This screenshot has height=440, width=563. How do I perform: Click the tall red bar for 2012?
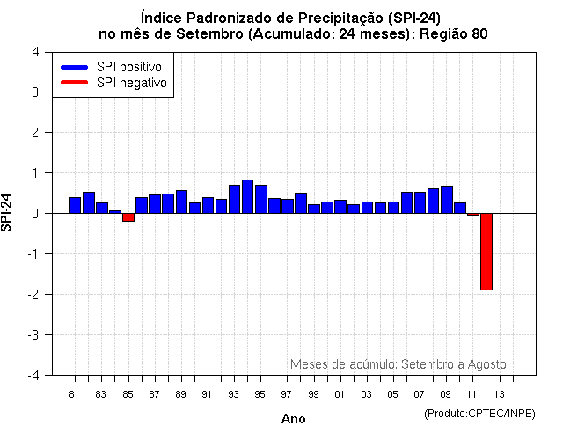pyautogui.click(x=486, y=251)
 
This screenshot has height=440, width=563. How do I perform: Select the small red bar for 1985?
pyautogui.click(x=128, y=217)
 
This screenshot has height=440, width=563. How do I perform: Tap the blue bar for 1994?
pyautogui.click(x=247, y=196)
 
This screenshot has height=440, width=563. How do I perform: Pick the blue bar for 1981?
pyautogui.click(x=75, y=205)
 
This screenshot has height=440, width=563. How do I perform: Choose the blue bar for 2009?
pyautogui.click(x=446, y=200)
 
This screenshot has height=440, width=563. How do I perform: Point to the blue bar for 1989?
pyautogui.click(x=181, y=202)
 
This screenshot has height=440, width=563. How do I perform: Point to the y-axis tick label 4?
pyautogui.click(x=35, y=51)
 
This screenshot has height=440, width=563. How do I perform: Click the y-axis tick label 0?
pyautogui.click(x=35, y=213)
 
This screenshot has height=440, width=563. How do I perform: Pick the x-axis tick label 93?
pyautogui.click(x=233, y=394)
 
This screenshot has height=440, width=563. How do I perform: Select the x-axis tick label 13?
pyautogui.click(x=499, y=394)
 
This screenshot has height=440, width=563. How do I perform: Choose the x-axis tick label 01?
pyautogui.click(x=340, y=394)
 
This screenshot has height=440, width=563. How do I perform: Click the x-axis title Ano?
pyautogui.click(x=293, y=419)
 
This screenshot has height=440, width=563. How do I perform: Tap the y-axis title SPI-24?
pyautogui.click(x=8, y=212)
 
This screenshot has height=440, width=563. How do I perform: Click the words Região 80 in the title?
pyautogui.click(x=451, y=33)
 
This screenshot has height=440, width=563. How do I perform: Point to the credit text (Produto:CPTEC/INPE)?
pyautogui.click(x=479, y=413)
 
